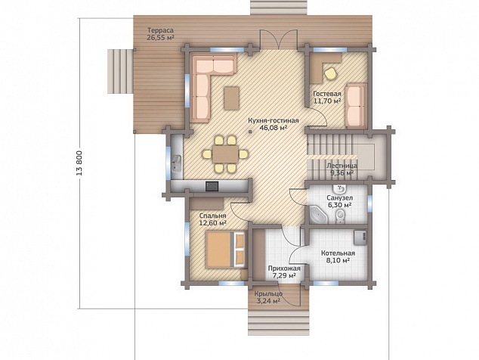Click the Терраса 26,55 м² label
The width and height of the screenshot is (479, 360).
[161, 34]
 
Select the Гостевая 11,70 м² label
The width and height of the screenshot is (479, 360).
[327, 98]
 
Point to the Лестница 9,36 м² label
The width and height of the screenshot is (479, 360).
[341, 169]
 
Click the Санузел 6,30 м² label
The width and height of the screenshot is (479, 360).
[339, 201]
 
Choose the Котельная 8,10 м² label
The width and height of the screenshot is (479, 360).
[338, 257]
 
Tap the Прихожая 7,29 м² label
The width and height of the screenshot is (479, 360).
[284, 272]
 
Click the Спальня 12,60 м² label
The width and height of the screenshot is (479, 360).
[212, 219]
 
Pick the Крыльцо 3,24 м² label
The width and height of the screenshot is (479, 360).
[268, 297]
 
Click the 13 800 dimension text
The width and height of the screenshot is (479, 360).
[80, 163]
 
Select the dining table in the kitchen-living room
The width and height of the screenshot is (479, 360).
[225, 154]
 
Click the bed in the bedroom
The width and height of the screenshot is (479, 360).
[227, 250]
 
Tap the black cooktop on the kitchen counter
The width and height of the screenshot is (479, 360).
[212, 186]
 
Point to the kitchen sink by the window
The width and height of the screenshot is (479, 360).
[177, 163]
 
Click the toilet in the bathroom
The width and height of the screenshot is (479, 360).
[339, 217]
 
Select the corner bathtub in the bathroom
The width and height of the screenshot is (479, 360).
[318, 214]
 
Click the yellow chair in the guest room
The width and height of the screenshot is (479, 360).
[330, 73]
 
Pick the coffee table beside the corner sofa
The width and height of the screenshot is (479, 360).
[231, 98]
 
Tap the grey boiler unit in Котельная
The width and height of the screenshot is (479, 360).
[360, 237]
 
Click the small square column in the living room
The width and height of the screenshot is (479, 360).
[250, 132]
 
